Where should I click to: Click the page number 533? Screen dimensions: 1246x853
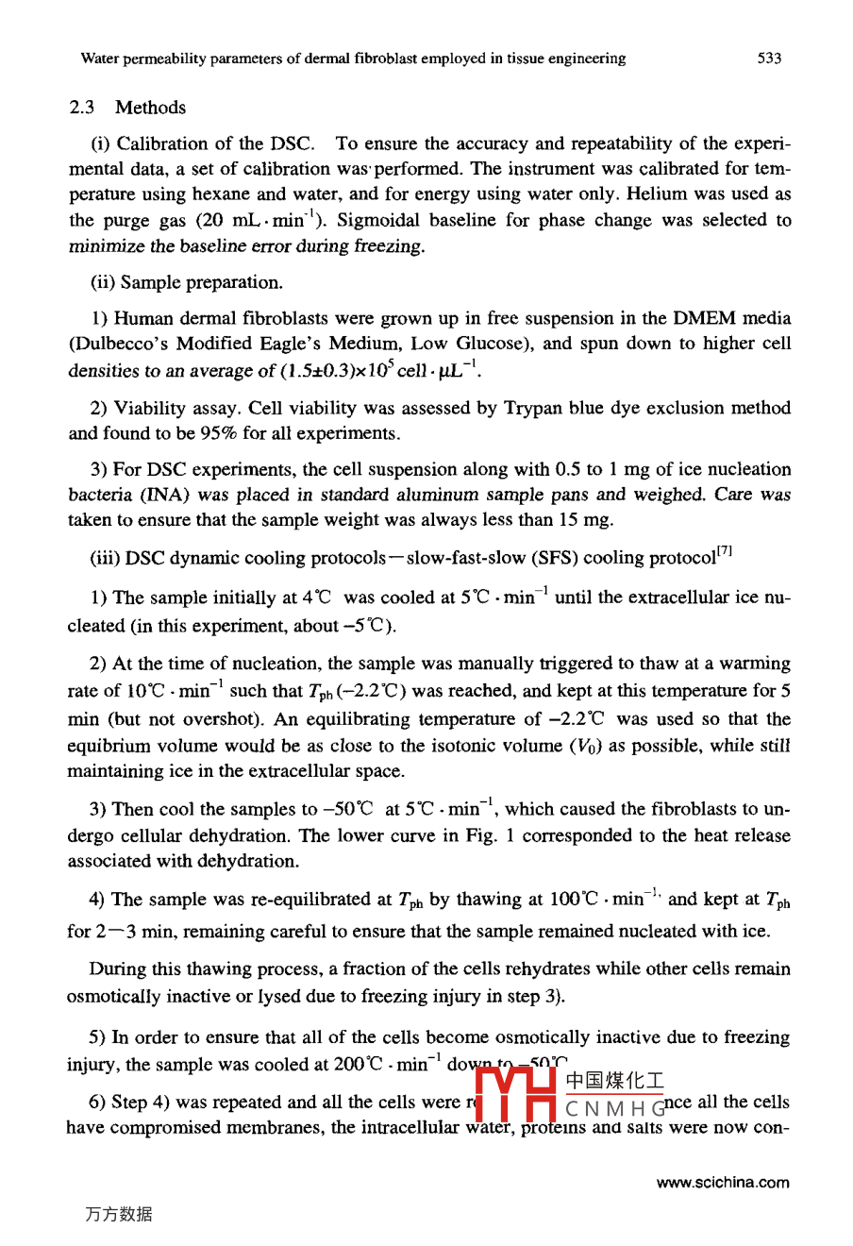point(769,59)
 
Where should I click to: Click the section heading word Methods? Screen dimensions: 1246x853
point(151,108)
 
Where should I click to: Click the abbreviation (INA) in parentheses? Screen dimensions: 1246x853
point(166,495)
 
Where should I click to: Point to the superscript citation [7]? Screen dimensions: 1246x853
point(725,551)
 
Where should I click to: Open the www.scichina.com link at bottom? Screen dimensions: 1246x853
point(723,1183)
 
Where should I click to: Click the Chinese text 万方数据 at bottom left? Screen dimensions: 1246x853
point(118,1215)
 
